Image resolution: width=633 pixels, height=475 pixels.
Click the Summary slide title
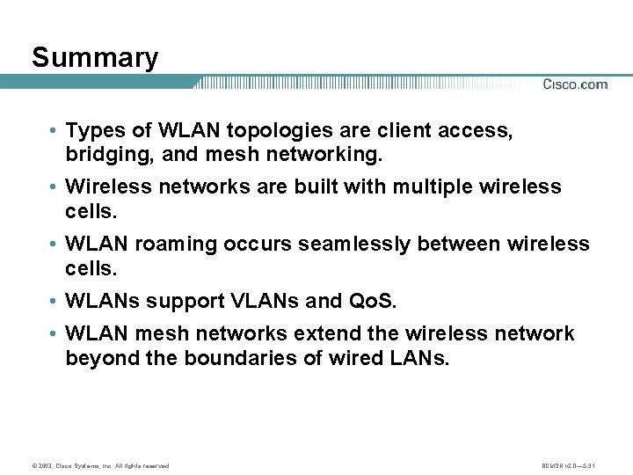[95, 58]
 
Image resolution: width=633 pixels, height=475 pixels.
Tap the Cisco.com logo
[575, 84]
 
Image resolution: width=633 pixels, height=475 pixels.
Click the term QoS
[375, 301]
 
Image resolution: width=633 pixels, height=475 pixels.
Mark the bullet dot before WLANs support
[55, 302]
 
